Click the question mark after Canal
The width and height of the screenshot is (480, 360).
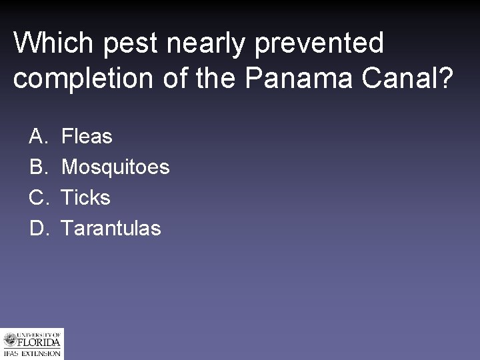pos(445,78)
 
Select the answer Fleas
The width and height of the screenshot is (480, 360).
pos(87,137)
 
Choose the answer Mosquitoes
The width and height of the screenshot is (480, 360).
pos(115,167)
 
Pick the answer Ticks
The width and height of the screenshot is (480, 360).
pos(85,198)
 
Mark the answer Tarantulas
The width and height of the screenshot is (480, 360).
pos(111,229)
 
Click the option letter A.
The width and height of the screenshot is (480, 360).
pos(37,137)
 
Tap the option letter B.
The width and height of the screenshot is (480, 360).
pos(37,167)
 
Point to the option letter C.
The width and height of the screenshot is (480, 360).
pos(37,198)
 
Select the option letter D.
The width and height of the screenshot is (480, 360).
pos(37,229)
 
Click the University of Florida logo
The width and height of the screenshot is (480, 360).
pos(32,344)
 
